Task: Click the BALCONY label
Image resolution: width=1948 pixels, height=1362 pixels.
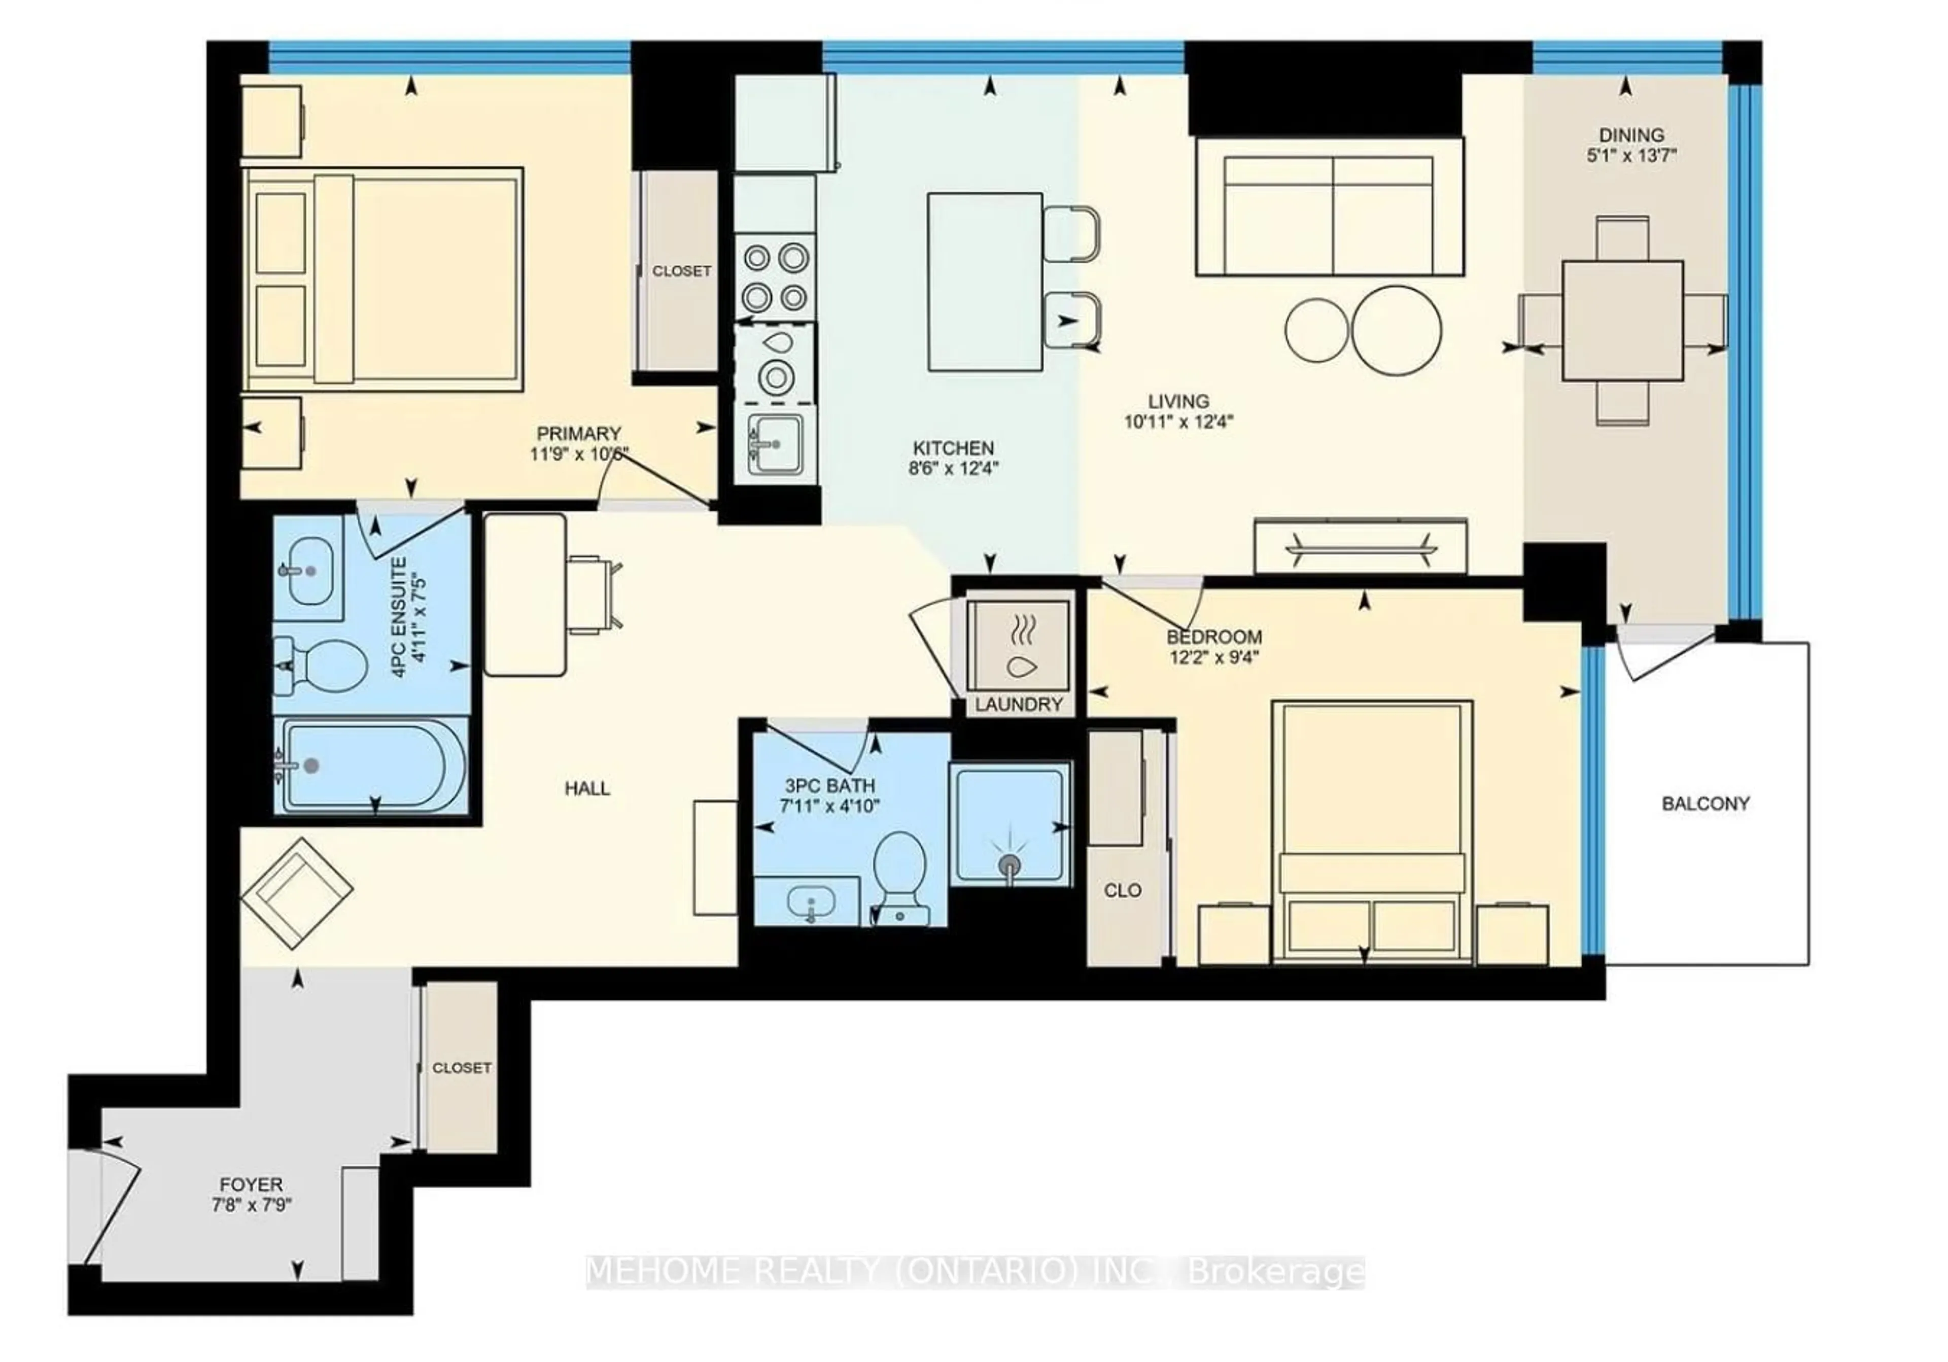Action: pos(1706,804)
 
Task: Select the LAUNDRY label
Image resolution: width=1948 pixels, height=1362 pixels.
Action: pos(1018,705)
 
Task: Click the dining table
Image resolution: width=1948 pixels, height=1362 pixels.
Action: pos(1622,321)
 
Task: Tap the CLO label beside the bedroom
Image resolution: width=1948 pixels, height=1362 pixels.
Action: pos(1123,890)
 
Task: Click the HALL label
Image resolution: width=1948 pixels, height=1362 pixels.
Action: pos(587,788)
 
